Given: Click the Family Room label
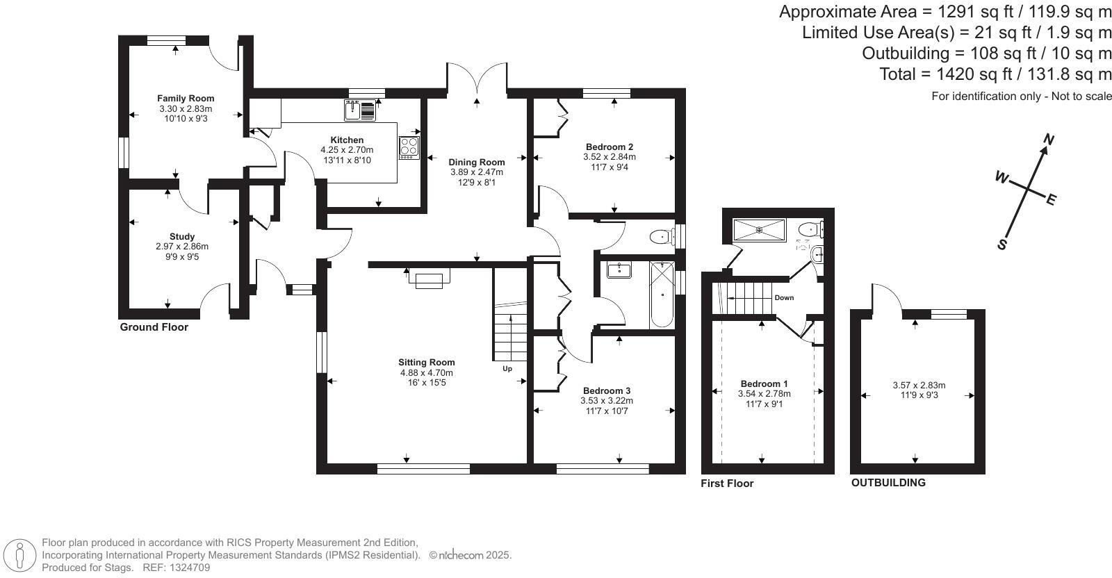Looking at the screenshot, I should tap(186, 99).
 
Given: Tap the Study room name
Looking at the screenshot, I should tap(182, 236).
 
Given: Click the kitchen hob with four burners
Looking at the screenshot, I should tap(409, 147).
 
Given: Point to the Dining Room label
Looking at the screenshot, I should tap(476, 162).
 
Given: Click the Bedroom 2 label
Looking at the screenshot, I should tap(610, 147).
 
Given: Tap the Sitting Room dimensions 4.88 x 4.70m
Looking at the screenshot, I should tap(426, 372).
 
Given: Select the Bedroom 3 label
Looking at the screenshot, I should tap(607, 390).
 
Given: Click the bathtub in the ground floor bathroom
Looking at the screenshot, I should tap(661, 295).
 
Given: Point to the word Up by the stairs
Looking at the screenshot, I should tap(507, 368).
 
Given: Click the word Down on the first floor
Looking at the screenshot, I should tap(784, 297).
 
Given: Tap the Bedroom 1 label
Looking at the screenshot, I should tap(764, 383).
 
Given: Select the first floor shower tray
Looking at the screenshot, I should tap(759, 229).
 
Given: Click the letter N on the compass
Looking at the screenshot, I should tap(1049, 140).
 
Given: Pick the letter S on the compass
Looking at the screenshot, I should tap(1002, 245).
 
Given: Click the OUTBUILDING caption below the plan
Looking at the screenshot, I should tap(888, 482).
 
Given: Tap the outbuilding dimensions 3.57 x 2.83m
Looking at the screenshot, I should tap(919, 386).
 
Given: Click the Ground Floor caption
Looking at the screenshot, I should tap(154, 327).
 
